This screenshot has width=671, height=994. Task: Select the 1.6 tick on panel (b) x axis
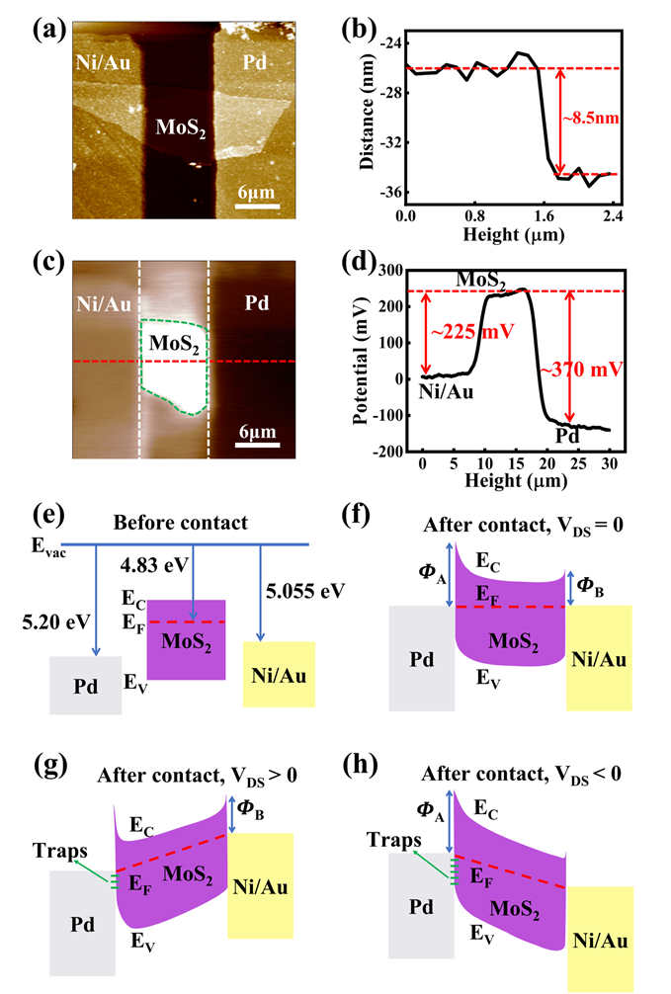coord(544,214)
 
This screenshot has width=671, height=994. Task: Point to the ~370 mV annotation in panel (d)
coord(608,370)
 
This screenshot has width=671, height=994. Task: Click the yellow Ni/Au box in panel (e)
coord(280,674)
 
